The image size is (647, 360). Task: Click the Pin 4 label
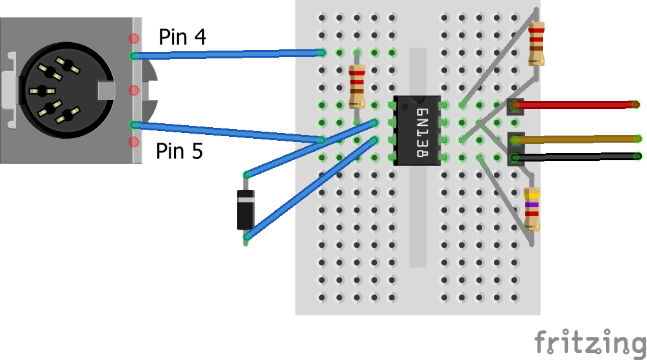click(182, 38)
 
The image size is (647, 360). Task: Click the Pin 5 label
click(179, 152)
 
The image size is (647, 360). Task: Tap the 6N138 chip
click(417, 130)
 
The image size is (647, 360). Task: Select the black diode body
click(245, 209)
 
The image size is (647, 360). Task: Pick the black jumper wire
click(578, 156)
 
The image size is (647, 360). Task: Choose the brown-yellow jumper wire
click(578, 138)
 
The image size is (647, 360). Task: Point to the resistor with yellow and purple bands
click(532, 208)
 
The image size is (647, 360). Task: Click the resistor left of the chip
click(357, 86)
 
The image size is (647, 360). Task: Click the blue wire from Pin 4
click(227, 54)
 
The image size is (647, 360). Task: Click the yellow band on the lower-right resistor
click(532, 195)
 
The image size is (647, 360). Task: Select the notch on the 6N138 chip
click(417, 99)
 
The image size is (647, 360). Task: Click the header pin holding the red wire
click(515, 104)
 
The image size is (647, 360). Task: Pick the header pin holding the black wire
click(515, 156)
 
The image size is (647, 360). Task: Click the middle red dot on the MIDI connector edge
click(134, 90)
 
